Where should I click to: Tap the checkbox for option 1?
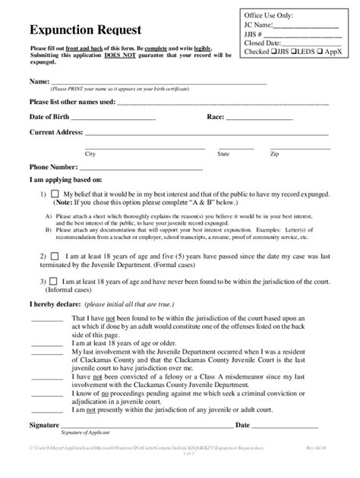55,195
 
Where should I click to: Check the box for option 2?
55,257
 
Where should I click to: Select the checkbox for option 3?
55,281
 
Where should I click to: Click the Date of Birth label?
52,117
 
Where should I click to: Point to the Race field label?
216,117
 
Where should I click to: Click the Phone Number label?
53,167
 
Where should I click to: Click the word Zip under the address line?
274,153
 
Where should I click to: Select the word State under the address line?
224,153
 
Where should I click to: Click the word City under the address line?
90,153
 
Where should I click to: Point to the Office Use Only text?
269,15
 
